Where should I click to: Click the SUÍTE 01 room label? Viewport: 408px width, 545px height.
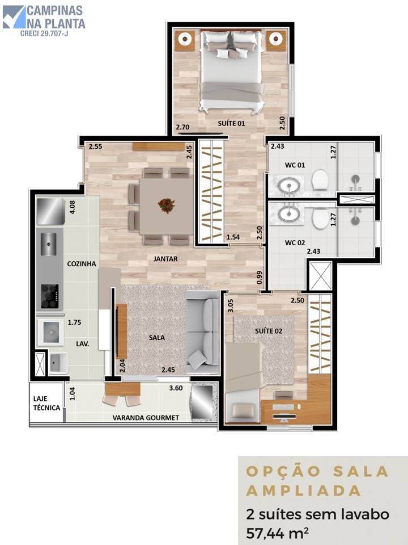pyautogui.click(x=231, y=123)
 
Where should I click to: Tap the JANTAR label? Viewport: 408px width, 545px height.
pyautogui.click(x=165, y=259)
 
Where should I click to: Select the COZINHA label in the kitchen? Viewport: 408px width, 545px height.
pyautogui.click(x=82, y=264)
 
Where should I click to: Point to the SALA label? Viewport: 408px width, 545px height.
pyautogui.click(x=157, y=337)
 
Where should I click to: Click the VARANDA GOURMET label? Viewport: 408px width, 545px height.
pyautogui.click(x=146, y=418)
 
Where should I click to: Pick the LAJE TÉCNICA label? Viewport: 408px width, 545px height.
pyautogui.click(x=46, y=403)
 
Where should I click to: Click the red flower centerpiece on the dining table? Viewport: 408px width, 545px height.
pyautogui.click(x=167, y=205)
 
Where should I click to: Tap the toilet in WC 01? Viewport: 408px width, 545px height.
pyautogui.click(x=320, y=180)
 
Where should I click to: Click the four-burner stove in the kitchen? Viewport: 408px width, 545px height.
pyautogui.click(x=50, y=296)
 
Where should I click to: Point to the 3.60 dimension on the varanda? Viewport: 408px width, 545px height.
pyautogui.click(x=176, y=388)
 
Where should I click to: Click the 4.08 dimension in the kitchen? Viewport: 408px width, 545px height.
pyautogui.click(x=72, y=207)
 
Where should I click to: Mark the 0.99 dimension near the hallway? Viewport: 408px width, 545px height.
pyautogui.click(x=260, y=278)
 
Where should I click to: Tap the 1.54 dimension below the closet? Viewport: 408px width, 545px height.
pyautogui.click(x=233, y=237)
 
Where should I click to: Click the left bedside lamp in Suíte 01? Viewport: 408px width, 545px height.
pyautogui.click(x=185, y=39)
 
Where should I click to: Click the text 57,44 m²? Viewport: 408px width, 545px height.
pyautogui.click(x=277, y=533)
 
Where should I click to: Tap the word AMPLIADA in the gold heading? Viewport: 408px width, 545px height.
pyautogui.click(x=304, y=491)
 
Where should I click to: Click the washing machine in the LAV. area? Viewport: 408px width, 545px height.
pyautogui.click(x=50, y=332)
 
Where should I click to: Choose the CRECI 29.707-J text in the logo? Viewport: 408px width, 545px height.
pyautogui.click(x=44, y=33)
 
